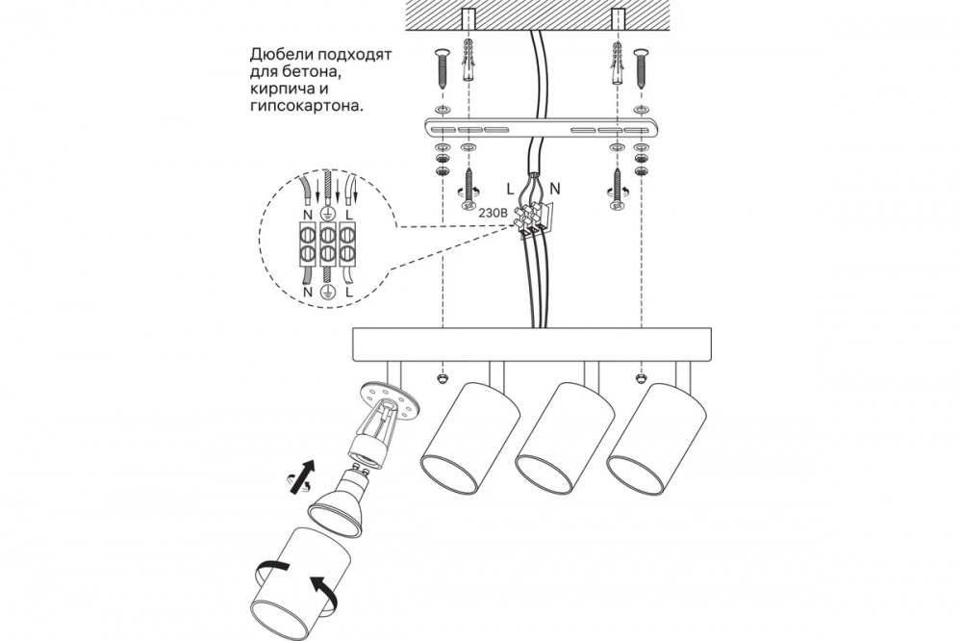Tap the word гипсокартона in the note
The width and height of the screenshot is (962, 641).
pyautogui.click(x=306, y=107)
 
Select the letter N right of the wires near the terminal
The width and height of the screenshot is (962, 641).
pyautogui.click(x=555, y=178)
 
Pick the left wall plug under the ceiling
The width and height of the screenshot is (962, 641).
pyautogui.click(x=468, y=63)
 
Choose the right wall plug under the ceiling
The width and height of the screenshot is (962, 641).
pyautogui.click(x=615, y=64)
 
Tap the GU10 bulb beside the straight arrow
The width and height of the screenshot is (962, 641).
pyautogui.click(x=344, y=495)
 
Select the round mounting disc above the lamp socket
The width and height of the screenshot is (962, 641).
pyautogui.click(x=389, y=401)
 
